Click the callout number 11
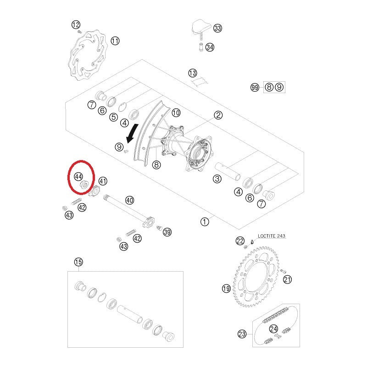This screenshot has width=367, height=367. pos(115,41)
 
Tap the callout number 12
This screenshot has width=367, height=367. pos(76,25)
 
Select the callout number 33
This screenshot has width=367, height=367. pos(217,28)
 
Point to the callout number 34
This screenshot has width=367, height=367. pos(210,47)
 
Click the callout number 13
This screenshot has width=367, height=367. pos(193,73)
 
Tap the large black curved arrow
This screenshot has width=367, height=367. pos(133,133)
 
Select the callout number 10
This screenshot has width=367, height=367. pos(176,112)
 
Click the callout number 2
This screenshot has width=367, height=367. pos(218,115)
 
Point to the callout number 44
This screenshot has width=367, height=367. pos(78,176)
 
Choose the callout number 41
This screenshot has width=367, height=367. pos(103,181)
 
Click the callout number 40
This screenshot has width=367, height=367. pos(129,200)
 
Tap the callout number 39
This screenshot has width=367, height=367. pos(167,232)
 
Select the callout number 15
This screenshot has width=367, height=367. pos(78,262)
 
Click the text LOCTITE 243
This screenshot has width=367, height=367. pos(271,235)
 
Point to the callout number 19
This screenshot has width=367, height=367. pos(226,289)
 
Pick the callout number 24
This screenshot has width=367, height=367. pos(273,328)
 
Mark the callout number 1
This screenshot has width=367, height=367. pos(205,222)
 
